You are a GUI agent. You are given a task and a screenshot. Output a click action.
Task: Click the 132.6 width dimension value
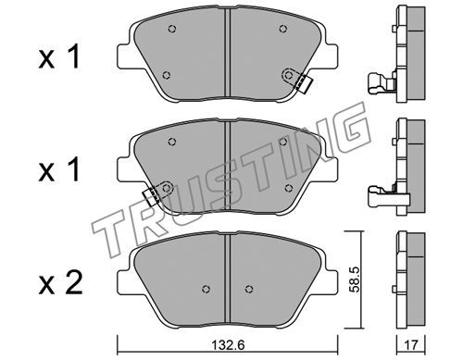[x=228, y=345]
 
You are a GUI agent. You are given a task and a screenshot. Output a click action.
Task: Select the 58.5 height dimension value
[x=354, y=279]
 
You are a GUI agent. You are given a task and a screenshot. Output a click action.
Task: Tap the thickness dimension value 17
[x=411, y=345]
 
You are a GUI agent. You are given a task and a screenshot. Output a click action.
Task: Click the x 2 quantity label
[x=60, y=282]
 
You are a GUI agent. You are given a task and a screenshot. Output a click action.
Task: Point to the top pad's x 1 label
[x=59, y=57]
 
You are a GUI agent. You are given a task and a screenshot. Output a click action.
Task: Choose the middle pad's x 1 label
[x=59, y=169]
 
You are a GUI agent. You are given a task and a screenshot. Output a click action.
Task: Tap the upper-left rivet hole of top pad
[x=172, y=29]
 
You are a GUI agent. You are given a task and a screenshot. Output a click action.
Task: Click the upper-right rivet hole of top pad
[x=283, y=29]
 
